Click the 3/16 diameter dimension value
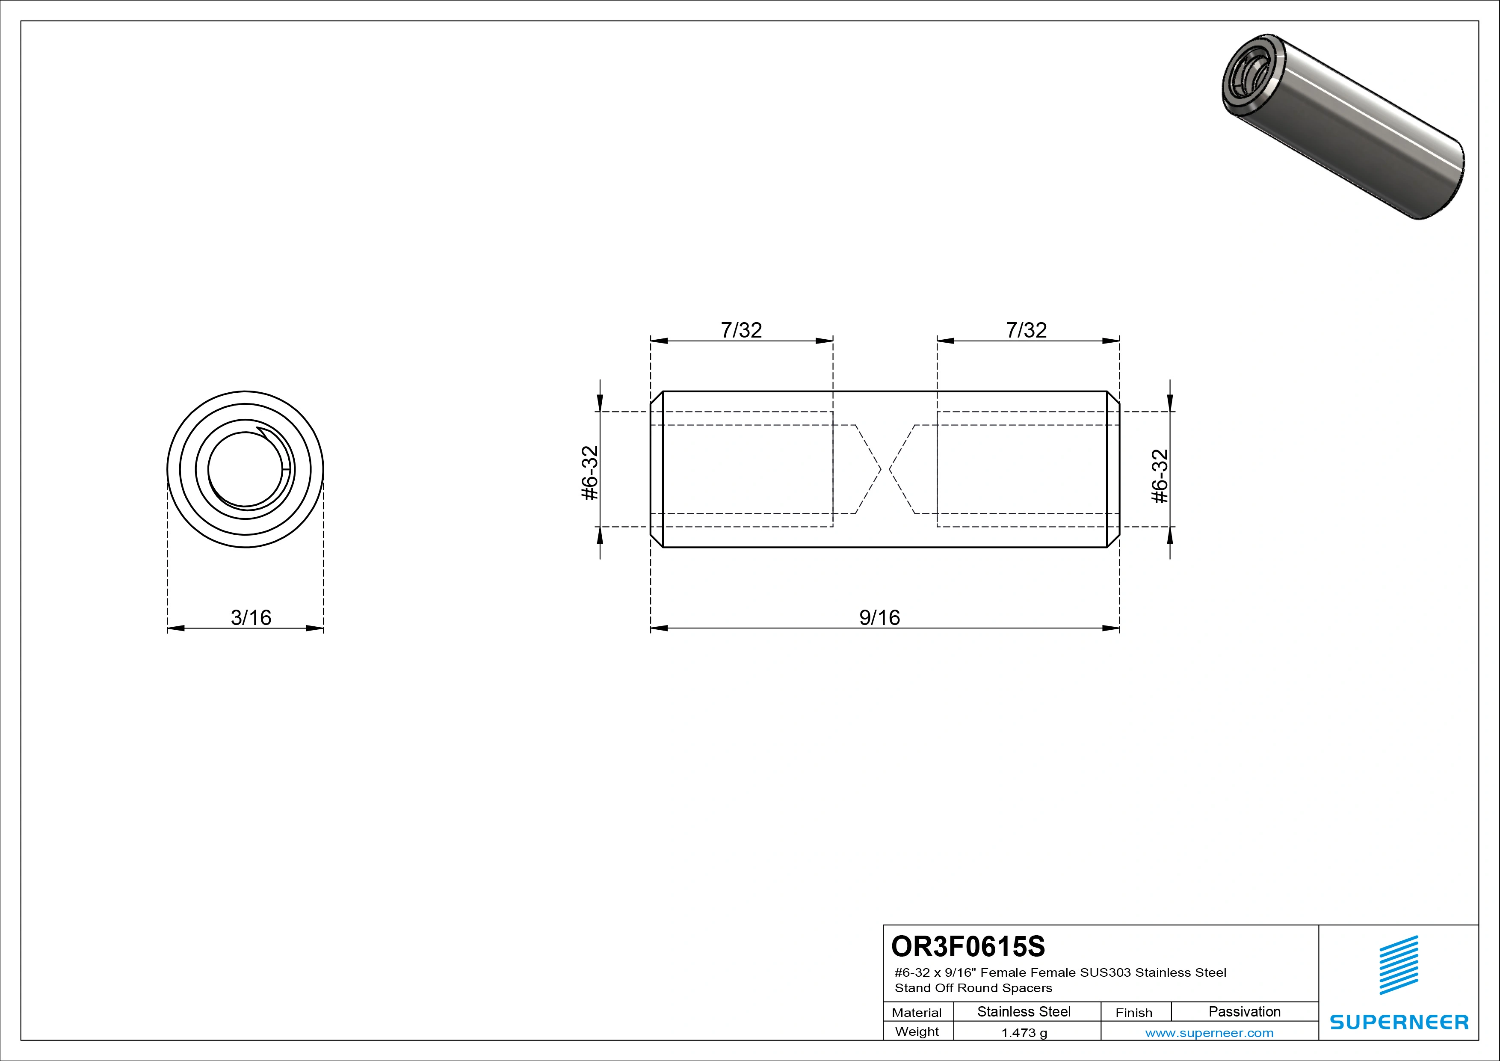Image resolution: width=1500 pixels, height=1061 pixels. point(251,617)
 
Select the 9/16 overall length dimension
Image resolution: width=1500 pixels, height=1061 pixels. point(879,617)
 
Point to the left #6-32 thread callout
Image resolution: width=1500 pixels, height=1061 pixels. point(590,473)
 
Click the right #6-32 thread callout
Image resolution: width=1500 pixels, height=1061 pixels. point(1160,476)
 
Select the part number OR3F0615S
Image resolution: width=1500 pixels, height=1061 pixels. point(968,946)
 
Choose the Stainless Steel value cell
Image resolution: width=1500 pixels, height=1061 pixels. point(1024,1012)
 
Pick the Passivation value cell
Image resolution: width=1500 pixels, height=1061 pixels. point(1245,1012)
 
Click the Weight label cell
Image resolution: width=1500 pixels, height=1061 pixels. point(917,1031)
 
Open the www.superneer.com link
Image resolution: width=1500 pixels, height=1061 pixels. point(1209,1033)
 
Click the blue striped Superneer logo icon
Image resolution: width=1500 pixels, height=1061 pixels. point(1398,965)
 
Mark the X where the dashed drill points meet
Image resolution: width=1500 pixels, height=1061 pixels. point(885,469)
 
